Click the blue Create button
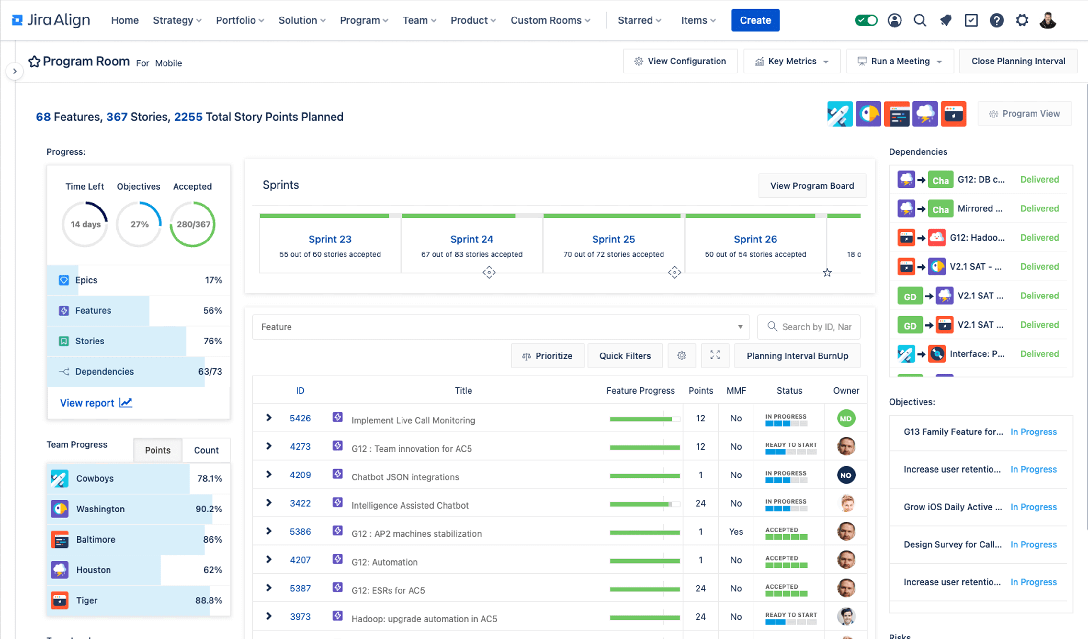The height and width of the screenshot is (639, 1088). click(755, 20)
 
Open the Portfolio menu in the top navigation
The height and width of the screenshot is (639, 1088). click(240, 20)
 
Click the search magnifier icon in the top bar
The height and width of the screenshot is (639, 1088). click(920, 20)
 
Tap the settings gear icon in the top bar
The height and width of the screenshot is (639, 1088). click(1022, 20)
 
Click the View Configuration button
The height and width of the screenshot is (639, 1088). click(680, 61)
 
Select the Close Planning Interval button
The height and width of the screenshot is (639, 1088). click(1018, 61)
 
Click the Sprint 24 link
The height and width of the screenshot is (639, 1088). click(471, 239)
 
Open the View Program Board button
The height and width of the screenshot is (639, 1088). click(812, 186)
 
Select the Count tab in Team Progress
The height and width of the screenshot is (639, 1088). click(206, 450)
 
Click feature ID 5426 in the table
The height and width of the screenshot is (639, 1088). click(300, 418)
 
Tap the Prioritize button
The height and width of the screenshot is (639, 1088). click(548, 356)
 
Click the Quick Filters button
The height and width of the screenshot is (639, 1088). click(625, 356)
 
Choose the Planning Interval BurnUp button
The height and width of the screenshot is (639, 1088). click(797, 356)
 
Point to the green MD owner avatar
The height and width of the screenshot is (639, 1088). click(846, 418)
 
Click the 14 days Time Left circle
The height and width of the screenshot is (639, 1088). click(85, 224)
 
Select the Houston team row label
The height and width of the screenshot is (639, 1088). click(93, 570)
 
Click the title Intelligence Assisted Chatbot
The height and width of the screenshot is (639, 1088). click(410, 505)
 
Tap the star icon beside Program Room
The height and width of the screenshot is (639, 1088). click(34, 62)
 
